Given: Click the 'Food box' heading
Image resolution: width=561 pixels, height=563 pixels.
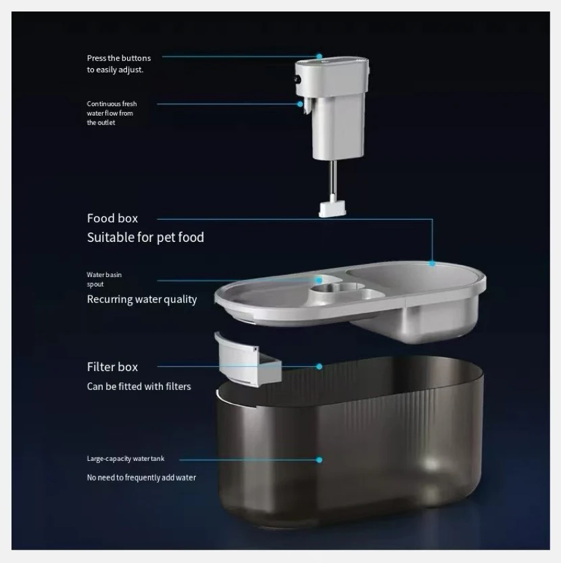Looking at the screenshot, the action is point(112,218).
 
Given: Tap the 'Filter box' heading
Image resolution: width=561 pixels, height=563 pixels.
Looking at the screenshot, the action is point(112,367).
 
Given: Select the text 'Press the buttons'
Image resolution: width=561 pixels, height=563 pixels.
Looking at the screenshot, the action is point(119,58).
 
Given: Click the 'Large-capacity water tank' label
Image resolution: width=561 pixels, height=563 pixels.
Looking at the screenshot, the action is point(126,458).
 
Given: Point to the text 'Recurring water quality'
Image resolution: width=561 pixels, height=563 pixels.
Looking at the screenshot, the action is point(142,299).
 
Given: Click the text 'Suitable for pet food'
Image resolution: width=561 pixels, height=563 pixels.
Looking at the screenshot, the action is point(145,237).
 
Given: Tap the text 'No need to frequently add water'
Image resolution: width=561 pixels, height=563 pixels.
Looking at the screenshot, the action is point(141,478).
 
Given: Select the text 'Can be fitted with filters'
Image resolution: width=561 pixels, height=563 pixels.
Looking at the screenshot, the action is point(139,387).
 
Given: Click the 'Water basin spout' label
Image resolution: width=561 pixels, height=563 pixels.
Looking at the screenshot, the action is point(104,279).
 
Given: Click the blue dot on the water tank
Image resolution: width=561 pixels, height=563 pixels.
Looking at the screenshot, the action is point(319,460).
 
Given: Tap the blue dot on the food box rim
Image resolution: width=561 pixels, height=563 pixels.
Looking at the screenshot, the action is point(433,264).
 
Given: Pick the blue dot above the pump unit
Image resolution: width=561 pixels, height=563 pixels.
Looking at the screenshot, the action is point(319,56).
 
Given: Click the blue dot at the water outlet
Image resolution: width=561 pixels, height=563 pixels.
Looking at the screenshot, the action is point(300,104).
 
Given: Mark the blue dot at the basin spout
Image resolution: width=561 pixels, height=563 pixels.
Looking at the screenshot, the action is point(319,280).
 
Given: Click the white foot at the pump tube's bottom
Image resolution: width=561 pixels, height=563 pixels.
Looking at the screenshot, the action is point(333,209).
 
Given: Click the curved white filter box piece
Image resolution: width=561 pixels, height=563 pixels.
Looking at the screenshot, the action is point(247,360).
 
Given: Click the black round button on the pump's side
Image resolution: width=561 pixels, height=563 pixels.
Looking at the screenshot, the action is point(298,80).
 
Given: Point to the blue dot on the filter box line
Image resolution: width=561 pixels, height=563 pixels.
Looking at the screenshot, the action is point(319,366).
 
